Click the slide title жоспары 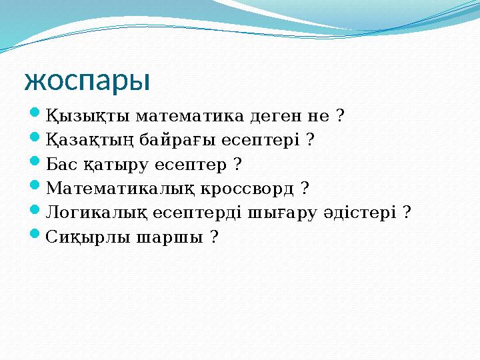tap(87, 81)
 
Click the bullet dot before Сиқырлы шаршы tap(37, 235)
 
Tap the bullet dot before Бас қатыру tap(37, 163)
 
